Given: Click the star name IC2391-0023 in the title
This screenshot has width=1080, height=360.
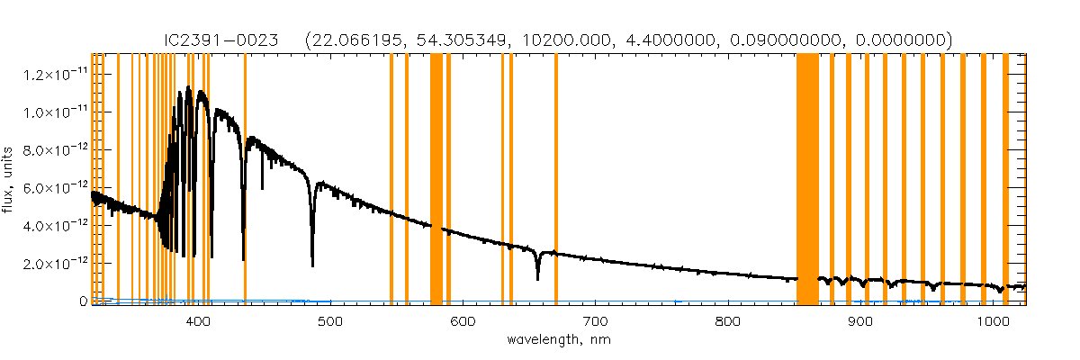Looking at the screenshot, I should point(246,40).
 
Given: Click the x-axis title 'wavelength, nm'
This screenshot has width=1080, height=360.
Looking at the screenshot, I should point(558,340).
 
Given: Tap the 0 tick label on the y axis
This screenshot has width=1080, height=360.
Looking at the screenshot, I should point(83,301).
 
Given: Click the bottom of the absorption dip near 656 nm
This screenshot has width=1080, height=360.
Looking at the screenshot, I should point(537,279).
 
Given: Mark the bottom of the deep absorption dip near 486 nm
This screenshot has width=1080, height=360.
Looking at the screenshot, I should point(312,265).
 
